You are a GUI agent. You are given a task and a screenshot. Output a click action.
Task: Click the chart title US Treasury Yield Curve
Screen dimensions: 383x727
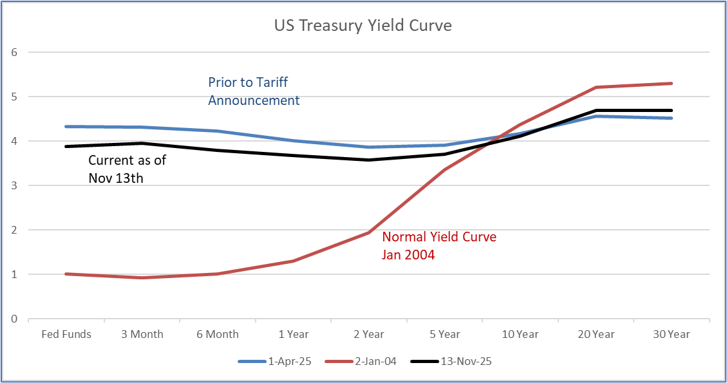(363, 26)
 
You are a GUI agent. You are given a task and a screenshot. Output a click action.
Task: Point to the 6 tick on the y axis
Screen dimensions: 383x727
(14, 52)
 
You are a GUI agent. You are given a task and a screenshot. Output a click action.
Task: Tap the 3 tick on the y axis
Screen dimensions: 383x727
(14, 185)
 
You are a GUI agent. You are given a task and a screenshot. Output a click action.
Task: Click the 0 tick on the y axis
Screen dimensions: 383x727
(14, 319)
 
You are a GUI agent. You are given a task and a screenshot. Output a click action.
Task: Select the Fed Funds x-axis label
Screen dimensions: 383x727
(66, 334)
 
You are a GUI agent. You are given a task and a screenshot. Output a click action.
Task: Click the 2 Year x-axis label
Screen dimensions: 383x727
(369, 334)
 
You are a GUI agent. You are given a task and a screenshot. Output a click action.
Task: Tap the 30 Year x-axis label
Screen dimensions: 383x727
(672, 334)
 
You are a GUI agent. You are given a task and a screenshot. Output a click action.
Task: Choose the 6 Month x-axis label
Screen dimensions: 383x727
(218, 334)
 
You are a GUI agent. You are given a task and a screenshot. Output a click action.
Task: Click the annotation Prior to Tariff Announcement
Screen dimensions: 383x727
(254, 91)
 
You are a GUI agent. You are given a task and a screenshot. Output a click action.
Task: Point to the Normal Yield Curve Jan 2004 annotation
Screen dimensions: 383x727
(440, 245)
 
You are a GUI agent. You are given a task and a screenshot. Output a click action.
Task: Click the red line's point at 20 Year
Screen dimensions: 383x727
(596, 88)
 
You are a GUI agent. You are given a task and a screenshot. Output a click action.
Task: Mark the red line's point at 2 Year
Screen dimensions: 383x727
(369, 232)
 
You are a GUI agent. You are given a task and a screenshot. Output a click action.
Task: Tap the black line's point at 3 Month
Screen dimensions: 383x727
(142, 143)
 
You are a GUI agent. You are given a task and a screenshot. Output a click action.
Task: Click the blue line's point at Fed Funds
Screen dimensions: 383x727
(66, 126)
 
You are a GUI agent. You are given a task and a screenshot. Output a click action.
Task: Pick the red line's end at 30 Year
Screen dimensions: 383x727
(672, 83)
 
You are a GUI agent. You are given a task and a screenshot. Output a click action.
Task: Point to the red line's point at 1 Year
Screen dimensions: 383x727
(294, 261)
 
